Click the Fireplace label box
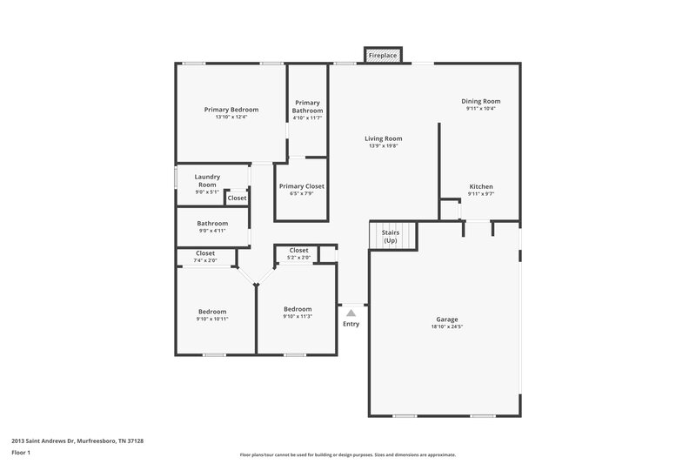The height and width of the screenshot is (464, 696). point(383,56)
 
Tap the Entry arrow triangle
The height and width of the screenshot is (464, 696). point(351,312)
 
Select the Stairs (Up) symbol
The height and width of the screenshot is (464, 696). point(391,236)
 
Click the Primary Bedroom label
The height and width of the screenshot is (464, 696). point(231,110)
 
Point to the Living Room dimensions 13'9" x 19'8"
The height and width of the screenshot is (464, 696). point(383,146)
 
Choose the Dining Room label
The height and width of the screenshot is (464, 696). point(480,101)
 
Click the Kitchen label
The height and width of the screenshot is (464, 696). point(481,187)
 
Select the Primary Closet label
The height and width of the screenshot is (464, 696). point(301,186)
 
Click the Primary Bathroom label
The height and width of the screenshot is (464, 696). point(307,107)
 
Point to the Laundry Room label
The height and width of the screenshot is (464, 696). point(207,180)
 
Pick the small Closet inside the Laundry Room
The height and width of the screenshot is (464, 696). point(237,198)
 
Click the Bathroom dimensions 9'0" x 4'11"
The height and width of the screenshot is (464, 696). point(212,231)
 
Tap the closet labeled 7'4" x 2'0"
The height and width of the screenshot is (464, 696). point(205,257)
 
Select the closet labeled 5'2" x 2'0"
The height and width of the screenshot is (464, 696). point(298,253)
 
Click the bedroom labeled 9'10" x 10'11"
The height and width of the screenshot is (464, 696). point(212,315)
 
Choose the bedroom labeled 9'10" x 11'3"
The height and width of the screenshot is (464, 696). point(298,313)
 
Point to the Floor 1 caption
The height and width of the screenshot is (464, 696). point(21,454)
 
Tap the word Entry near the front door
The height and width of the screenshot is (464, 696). point(351,324)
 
